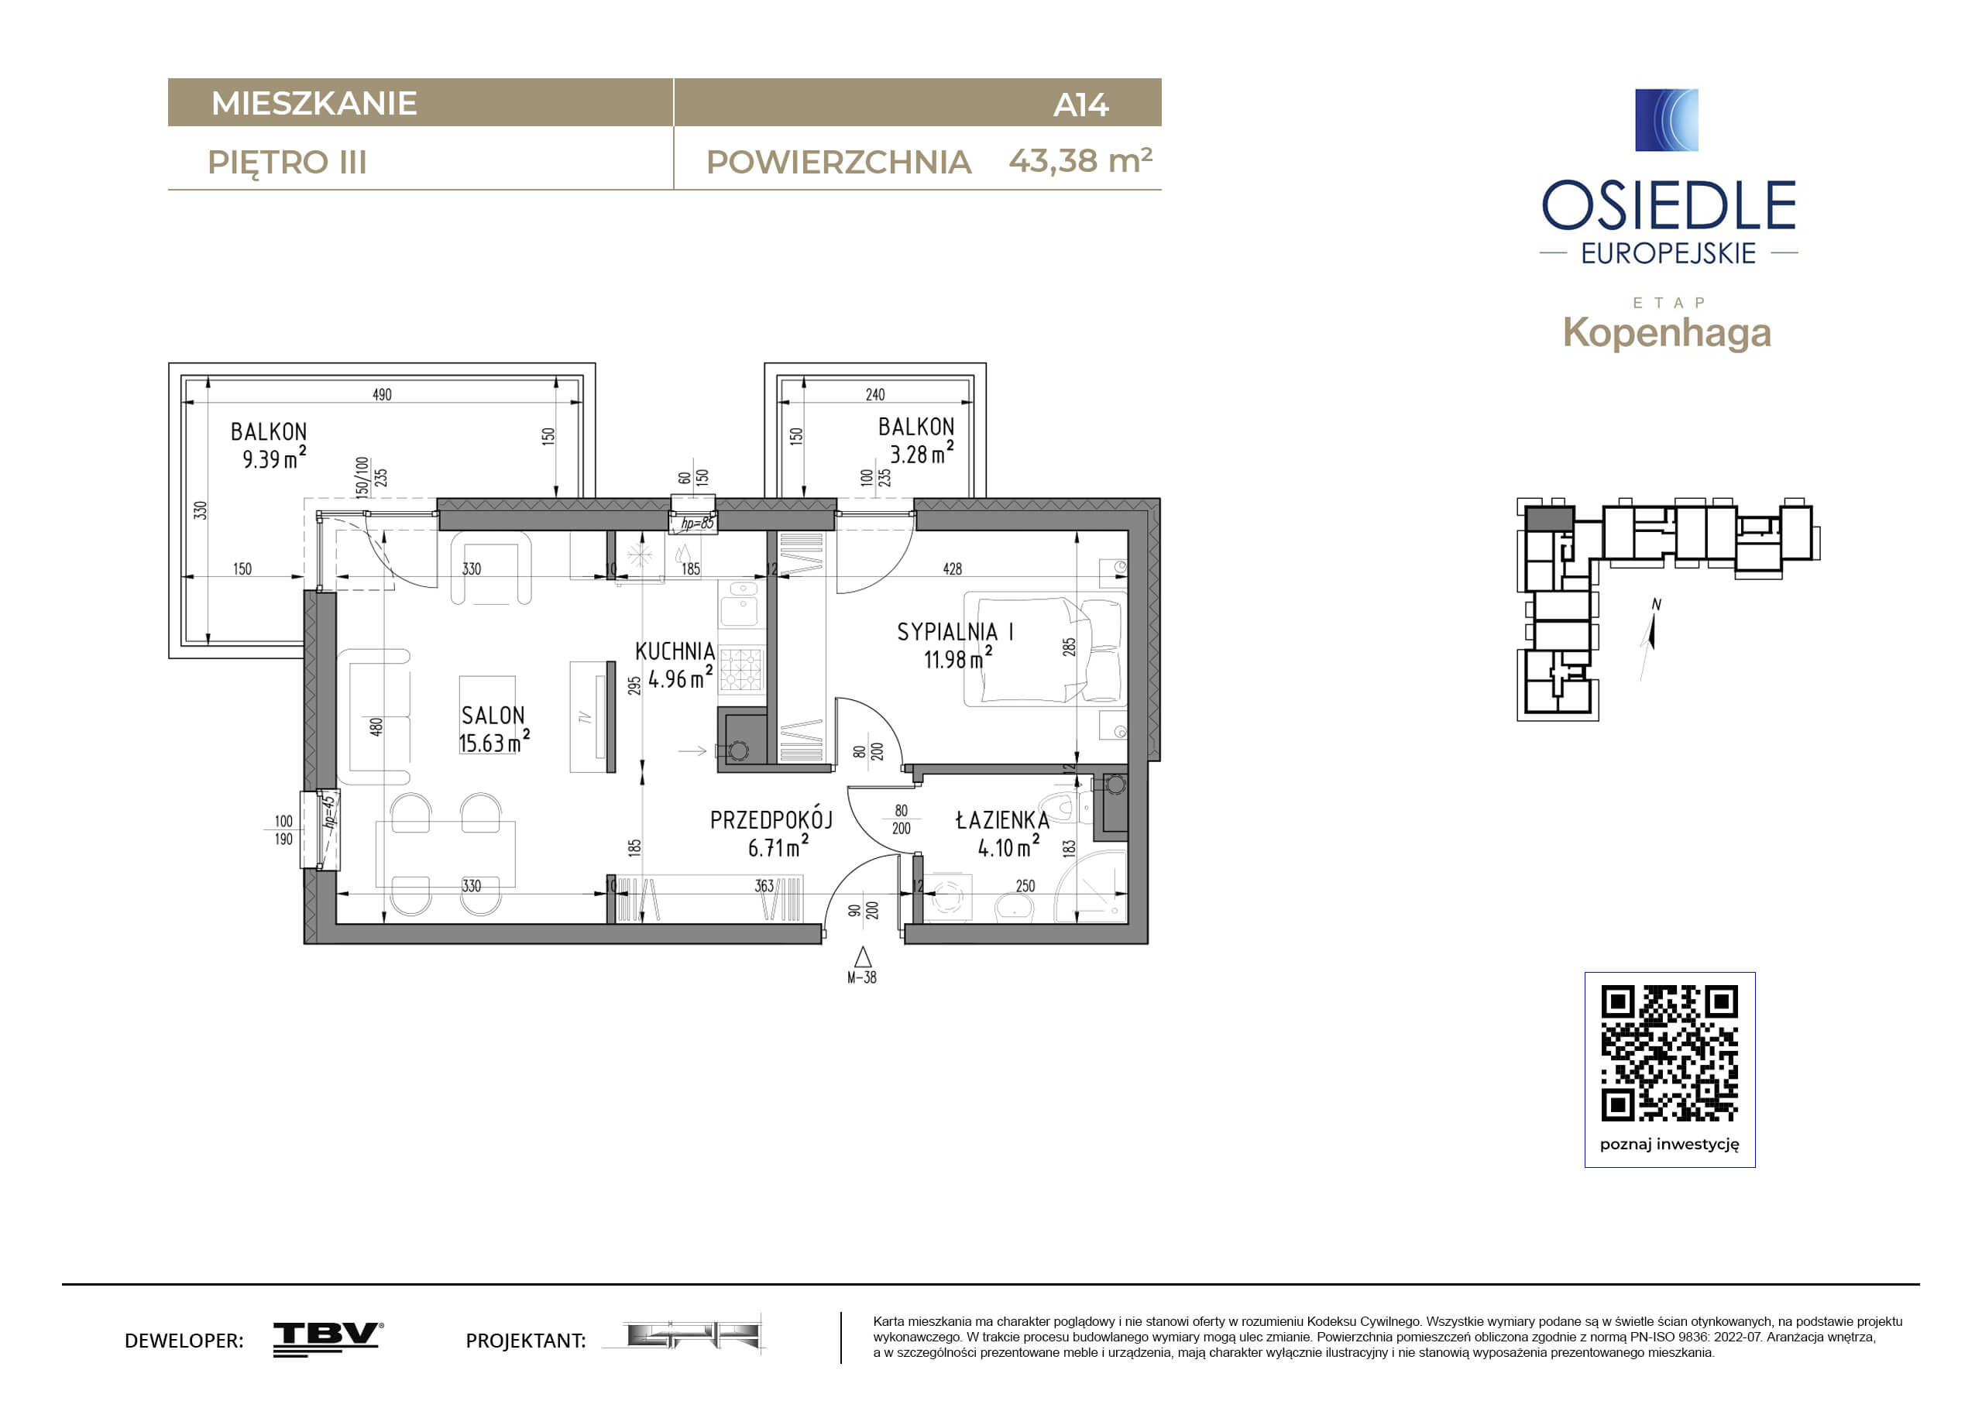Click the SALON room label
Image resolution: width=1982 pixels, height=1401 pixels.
point(493,716)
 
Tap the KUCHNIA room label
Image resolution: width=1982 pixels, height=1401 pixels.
point(675,652)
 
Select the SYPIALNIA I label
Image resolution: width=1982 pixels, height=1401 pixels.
point(955,632)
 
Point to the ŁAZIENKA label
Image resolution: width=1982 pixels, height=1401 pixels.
point(1002,820)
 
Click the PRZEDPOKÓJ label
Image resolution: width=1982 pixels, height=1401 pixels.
point(771,819)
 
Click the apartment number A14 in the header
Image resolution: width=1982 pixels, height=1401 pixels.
point(1080,105)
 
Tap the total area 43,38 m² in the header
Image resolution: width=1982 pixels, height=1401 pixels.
point(1080,160)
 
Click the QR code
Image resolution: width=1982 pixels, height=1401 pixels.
point(1670,1052)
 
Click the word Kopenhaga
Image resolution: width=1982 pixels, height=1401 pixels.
point(1667,333)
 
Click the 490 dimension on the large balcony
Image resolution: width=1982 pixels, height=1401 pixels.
point(382,394)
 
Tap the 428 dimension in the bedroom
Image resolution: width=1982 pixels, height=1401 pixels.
point(952,569)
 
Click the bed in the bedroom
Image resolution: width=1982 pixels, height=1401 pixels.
point(1046,649)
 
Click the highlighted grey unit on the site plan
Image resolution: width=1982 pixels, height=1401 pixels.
point(1548,519)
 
